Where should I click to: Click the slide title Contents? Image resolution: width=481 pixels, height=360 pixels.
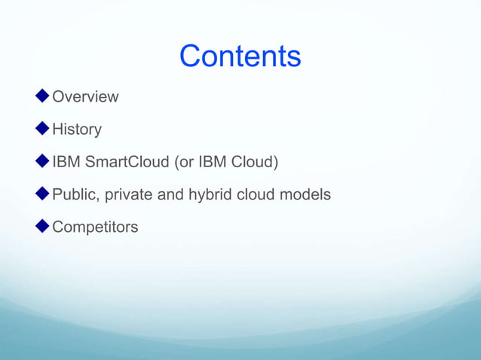(240, 56)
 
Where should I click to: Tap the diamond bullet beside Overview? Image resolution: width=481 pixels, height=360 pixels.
(42, 96)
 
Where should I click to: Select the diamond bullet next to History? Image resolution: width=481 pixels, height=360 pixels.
(42, 129)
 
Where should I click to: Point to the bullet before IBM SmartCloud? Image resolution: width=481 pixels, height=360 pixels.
(42, 161)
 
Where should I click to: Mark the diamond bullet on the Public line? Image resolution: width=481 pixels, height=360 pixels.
(42, 194)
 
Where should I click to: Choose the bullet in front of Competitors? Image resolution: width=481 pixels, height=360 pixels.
(42, 226)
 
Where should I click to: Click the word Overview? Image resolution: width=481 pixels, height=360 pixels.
(85, 97)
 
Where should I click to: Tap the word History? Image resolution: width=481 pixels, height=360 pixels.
(77, 130)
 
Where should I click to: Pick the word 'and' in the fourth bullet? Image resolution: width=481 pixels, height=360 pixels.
(170, 194)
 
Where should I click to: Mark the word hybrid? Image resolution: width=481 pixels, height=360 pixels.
(210, 194)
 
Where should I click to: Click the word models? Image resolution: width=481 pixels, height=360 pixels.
(307, 194)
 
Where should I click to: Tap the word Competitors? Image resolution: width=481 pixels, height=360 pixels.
(95, 227)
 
